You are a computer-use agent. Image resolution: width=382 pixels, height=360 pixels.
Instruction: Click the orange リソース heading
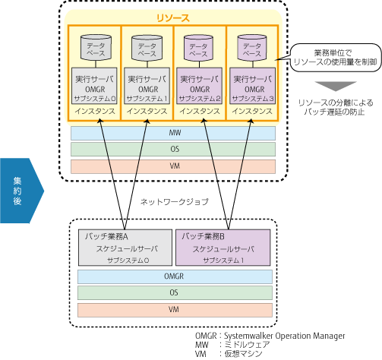173,18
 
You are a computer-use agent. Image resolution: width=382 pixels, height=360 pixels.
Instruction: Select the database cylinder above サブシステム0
96,48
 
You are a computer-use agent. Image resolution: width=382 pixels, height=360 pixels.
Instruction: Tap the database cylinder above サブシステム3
252,48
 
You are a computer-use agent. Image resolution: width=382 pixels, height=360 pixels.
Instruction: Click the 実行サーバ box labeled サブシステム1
147,86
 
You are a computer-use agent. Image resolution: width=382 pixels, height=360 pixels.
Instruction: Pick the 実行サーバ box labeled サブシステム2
200,86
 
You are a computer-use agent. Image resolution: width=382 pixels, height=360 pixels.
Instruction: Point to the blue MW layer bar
173,133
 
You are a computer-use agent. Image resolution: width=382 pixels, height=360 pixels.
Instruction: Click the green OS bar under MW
173,150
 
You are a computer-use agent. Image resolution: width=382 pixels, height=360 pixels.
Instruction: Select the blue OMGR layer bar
175,276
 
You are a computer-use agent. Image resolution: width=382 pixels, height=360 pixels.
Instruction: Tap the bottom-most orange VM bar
175,310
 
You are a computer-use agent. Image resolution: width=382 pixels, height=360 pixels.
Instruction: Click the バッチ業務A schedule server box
125,248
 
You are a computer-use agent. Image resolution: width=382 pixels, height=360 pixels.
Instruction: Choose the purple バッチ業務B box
223,248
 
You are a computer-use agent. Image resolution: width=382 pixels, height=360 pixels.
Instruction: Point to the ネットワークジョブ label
175,202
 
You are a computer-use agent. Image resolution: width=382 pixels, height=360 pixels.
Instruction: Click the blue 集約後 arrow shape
22,191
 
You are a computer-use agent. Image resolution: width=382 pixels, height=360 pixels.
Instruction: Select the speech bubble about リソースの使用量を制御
335,58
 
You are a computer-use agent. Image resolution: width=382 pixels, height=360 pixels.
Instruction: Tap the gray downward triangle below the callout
336,86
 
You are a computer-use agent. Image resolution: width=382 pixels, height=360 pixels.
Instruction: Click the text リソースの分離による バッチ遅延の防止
336,107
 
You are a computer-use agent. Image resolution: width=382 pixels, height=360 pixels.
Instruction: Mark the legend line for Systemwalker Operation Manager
270,336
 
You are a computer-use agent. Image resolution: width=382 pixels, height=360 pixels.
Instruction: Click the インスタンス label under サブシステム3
252,111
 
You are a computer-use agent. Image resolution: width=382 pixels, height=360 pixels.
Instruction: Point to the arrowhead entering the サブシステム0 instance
100,122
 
